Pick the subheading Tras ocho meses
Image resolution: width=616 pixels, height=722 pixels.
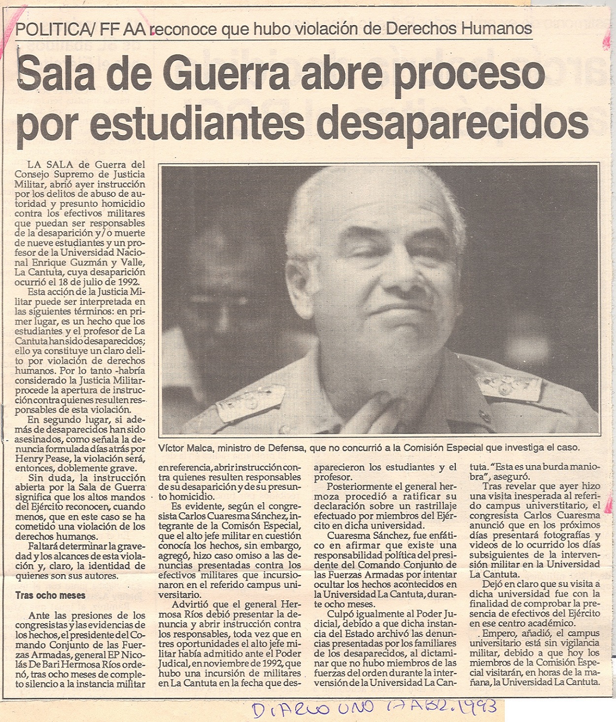(43, 595)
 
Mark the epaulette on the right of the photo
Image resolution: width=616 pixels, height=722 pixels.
(508, 387)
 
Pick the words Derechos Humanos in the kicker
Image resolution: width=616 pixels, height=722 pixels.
(459, 29)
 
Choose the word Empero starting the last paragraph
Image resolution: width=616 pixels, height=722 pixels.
(497, 633)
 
